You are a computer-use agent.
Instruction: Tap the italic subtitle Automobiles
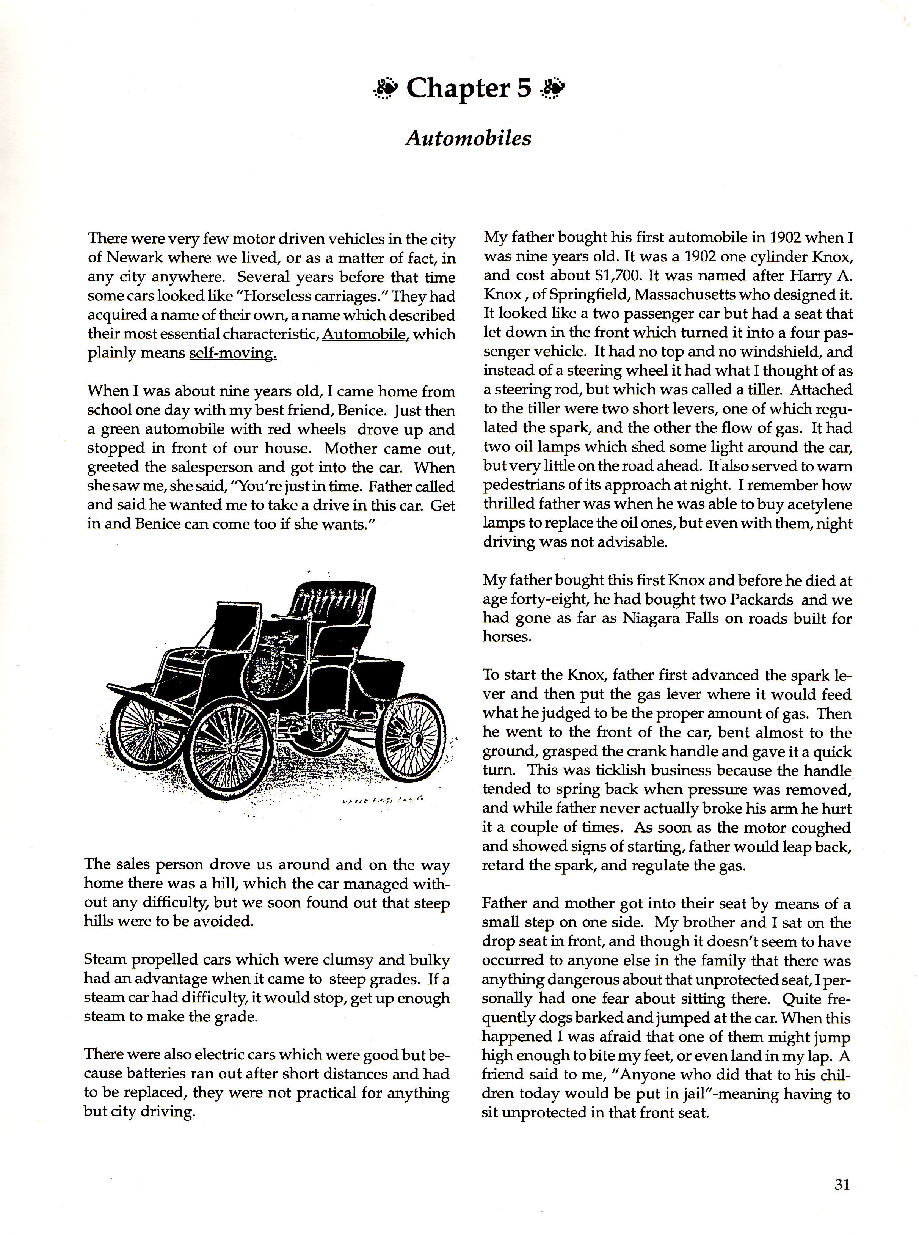pos(468,138)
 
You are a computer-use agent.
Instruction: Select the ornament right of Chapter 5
pos(552,88)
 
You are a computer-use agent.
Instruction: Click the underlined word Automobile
pos(365,335)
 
